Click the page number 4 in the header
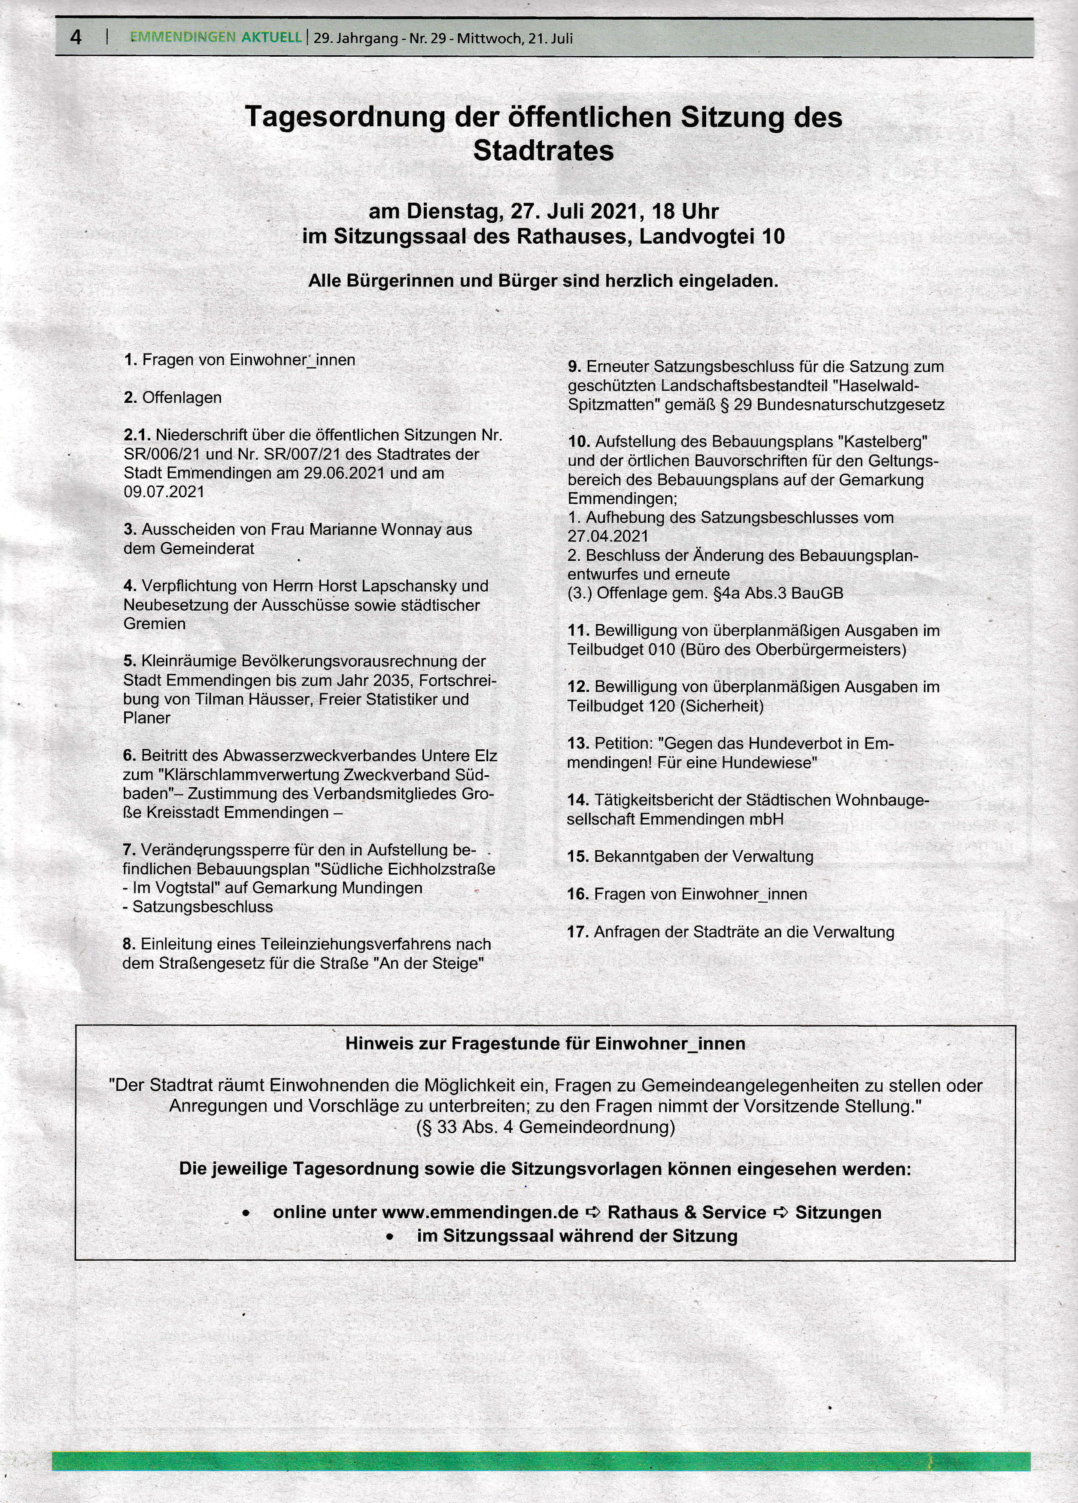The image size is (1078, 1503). point(76,37)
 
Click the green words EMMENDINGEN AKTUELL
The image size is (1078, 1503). point(216,38)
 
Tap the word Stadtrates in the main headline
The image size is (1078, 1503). point(544,151)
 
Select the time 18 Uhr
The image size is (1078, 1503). point(685,211)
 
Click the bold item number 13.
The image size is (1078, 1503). point(578,743)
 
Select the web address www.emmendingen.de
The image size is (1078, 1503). point(480,1213)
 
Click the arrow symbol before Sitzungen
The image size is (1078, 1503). point(781,1213)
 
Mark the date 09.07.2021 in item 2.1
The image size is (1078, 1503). point(164,492)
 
